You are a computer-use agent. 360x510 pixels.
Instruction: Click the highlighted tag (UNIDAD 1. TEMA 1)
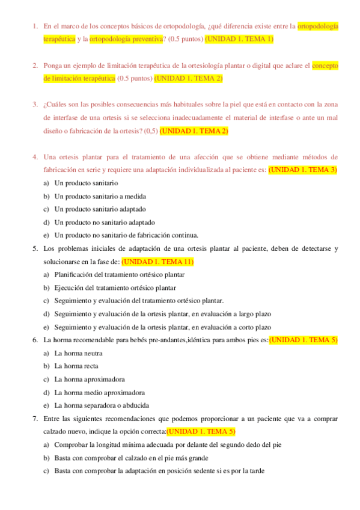[x=239, y=39]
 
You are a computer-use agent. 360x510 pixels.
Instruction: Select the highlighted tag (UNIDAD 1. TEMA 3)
[x=303, y=170]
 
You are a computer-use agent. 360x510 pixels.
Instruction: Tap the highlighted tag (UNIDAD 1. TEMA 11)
[x=157, y=262]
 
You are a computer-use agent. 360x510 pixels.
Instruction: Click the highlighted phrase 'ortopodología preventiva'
[x=126, y=39]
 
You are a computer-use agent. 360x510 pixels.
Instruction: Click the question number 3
[x=35, y=105]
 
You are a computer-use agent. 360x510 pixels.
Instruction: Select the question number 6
[x=35, y=340]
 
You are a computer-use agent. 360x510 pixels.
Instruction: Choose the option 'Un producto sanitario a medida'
[x=100, y=196]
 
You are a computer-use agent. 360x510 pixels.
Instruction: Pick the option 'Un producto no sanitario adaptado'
[x=105, y=222]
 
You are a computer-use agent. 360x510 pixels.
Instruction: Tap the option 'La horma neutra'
[x=78, y=353]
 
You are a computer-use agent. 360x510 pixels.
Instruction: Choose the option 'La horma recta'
[x=76, y=366]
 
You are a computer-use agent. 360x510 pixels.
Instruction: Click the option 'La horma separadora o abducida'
[x=102, y=405]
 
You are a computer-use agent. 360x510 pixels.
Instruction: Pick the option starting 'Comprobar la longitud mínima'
[x=168, y=445]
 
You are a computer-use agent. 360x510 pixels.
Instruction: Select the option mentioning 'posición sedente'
[x=159, y=471]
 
